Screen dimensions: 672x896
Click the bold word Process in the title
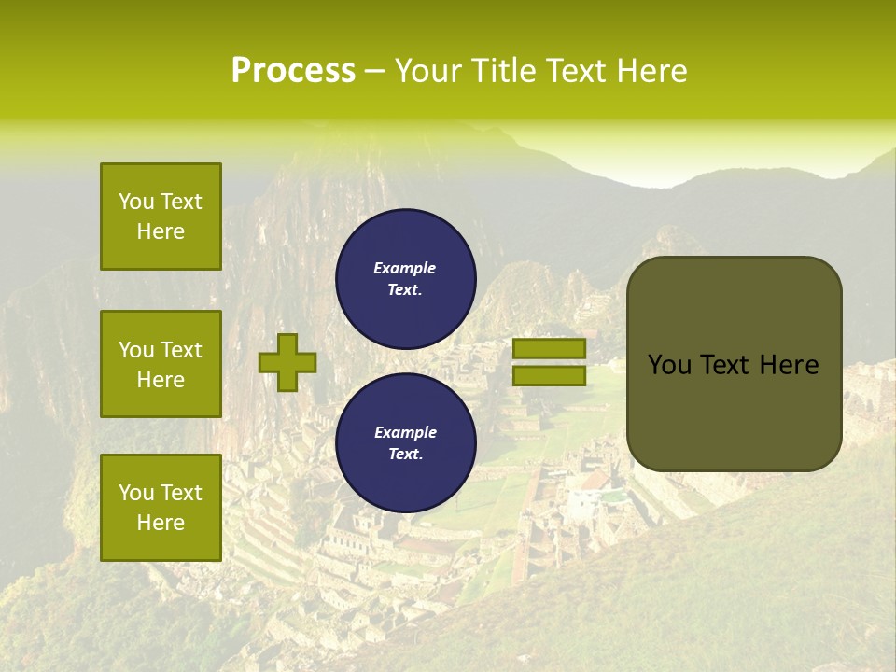(x=293, y=71)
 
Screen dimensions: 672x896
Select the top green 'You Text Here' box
(x=161, y=217)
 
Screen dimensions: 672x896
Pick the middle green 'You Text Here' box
(x=161, y=364)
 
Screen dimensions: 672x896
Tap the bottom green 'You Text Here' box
(x=161, y=508)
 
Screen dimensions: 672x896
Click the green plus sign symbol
(x=287, y=362)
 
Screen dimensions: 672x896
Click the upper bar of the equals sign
(x=549, y=348)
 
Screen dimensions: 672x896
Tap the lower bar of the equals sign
(x=549, y=375)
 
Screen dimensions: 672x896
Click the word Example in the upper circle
(x=405, y=268)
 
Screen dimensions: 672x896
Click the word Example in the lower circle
(x=405, y=432)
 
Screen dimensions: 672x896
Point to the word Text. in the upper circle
(x=405, y=289)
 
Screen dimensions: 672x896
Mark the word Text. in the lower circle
(x=405, y=455)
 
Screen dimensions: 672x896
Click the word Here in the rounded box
(x=789, y=365)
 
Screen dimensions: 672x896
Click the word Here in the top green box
(x=161, y=231)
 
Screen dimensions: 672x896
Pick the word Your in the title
(x=430, y=71)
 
